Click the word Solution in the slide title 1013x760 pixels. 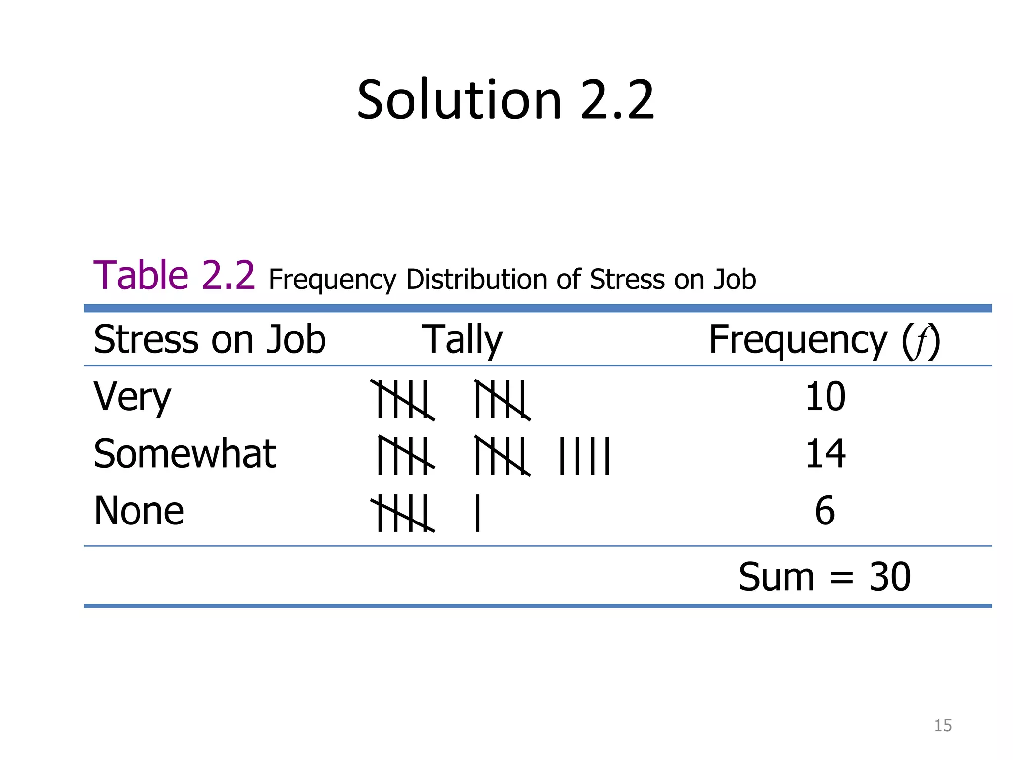pyautogui.click(x=459, y=100)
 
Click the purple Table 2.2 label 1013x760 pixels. pyautogui.click(x=174, y=276)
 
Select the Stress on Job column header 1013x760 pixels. pyautogui.click(x=210, y=340)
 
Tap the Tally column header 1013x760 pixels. pyautogui.click(x=462, y=340)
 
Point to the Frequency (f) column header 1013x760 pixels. pyautogui.click(x=824, y=340)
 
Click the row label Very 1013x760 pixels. pyautogui.click(x=132, y=397)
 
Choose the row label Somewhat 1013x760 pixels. pyautogui.click(x=184, y=454)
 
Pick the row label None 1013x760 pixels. pyautogui.click(x=139, y=511)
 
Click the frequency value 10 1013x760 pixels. pyautogui.click(x=825, y=397)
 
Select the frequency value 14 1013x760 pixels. pyautogui.click(x=825, y=454)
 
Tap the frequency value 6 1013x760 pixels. pyautogui.click(x=825, y=511)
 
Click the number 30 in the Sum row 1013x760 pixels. pyautogui.click(x=889, y=577)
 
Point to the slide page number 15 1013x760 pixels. pyautogui.click(x=943, y=725)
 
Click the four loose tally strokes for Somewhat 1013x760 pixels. pyautogui.click(x=585, y=456)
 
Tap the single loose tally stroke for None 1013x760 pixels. pyautogui.click(x=477, y=514)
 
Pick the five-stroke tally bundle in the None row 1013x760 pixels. pyautogui.click(x=403, y=514)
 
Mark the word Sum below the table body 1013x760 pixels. pyautogui.click(x=776, y=577)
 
